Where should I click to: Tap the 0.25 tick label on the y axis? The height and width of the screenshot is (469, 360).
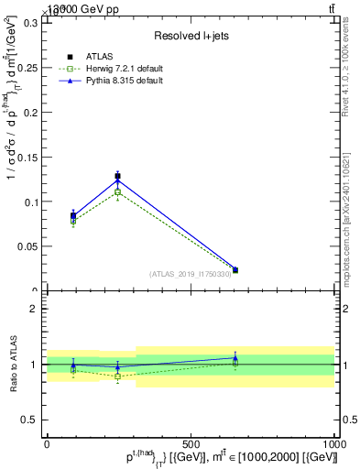point(27,68)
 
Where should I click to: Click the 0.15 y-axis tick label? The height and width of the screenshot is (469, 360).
point(27,157)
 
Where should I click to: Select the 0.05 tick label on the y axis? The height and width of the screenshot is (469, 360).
point(27,246)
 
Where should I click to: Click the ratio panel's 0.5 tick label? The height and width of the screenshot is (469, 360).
point(30,420)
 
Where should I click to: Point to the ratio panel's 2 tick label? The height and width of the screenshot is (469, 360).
point(35,309)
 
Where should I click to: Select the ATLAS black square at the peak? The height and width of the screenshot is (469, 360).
point(117,176)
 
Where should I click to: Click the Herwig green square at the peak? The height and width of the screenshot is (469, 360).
point(117,192)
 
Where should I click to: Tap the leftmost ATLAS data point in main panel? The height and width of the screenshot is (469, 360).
point(73,215)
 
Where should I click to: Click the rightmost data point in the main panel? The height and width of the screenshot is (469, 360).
point(235,270)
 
